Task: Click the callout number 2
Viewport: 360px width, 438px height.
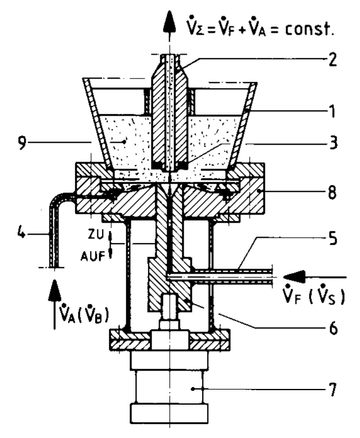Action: (x=332, y=59)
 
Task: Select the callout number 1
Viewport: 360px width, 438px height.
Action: (x=332, y=111)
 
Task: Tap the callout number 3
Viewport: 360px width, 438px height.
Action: (x=332, y=142)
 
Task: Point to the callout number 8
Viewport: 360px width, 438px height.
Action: (x=332, y=193)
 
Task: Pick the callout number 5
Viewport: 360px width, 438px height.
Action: (x=332, y=239)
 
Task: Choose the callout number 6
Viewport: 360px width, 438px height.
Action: (x=333, y=328)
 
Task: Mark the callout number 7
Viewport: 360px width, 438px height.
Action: (x=332, y=389)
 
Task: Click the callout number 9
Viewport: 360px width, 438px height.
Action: (x=22, y=143)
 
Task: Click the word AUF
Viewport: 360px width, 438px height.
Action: (x=93, y=256)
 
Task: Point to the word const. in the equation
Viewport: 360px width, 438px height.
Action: (x=309, y=28)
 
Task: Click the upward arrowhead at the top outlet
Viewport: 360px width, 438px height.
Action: (x=169, y=23)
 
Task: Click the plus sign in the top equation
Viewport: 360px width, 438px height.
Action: (x=241, y=30)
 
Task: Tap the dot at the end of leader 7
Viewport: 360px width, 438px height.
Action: (x=193, y=388)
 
